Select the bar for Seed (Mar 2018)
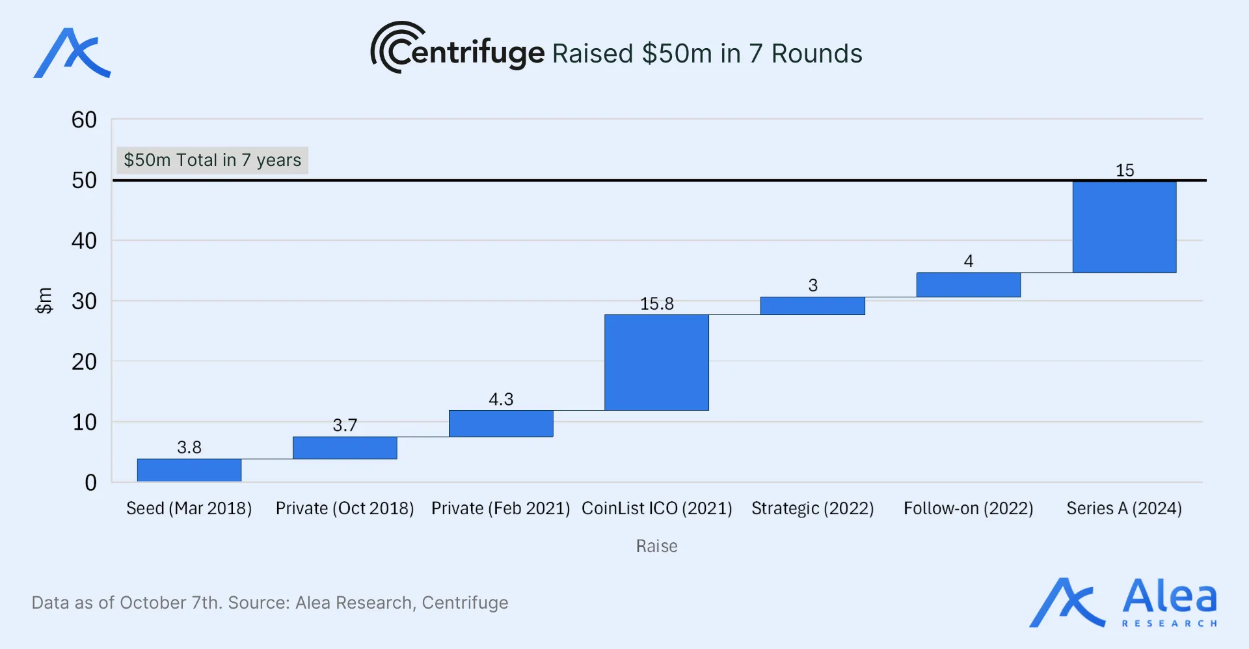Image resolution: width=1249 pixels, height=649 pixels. (189, 470)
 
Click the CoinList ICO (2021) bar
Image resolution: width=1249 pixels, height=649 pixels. (656, 363)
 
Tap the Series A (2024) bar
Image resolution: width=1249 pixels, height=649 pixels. (1124, 227)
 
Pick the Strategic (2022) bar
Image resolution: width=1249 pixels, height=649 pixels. (813, 306)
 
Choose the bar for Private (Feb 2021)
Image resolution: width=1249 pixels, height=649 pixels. (501, 423)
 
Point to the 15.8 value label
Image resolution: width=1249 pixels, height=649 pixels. (656, 304)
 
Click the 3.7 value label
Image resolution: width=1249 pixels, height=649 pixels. (345, 425)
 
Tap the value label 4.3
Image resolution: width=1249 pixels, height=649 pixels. (501, 399)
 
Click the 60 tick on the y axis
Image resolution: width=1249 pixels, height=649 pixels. (84, 120)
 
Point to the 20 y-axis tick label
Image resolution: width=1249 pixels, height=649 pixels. (84, 362)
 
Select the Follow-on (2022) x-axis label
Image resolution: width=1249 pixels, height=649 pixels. (968, 508)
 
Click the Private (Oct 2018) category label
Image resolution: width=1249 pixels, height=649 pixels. (345, 508)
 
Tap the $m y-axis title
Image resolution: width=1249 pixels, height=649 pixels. (44, 301)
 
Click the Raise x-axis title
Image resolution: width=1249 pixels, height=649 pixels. (656, 546)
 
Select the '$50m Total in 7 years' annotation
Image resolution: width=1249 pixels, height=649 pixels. (212, 160)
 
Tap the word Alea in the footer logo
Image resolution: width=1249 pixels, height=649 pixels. (1169, 596)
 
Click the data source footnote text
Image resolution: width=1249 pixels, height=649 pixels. (270, 603)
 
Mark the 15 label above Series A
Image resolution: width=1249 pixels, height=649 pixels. (1125, 171)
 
